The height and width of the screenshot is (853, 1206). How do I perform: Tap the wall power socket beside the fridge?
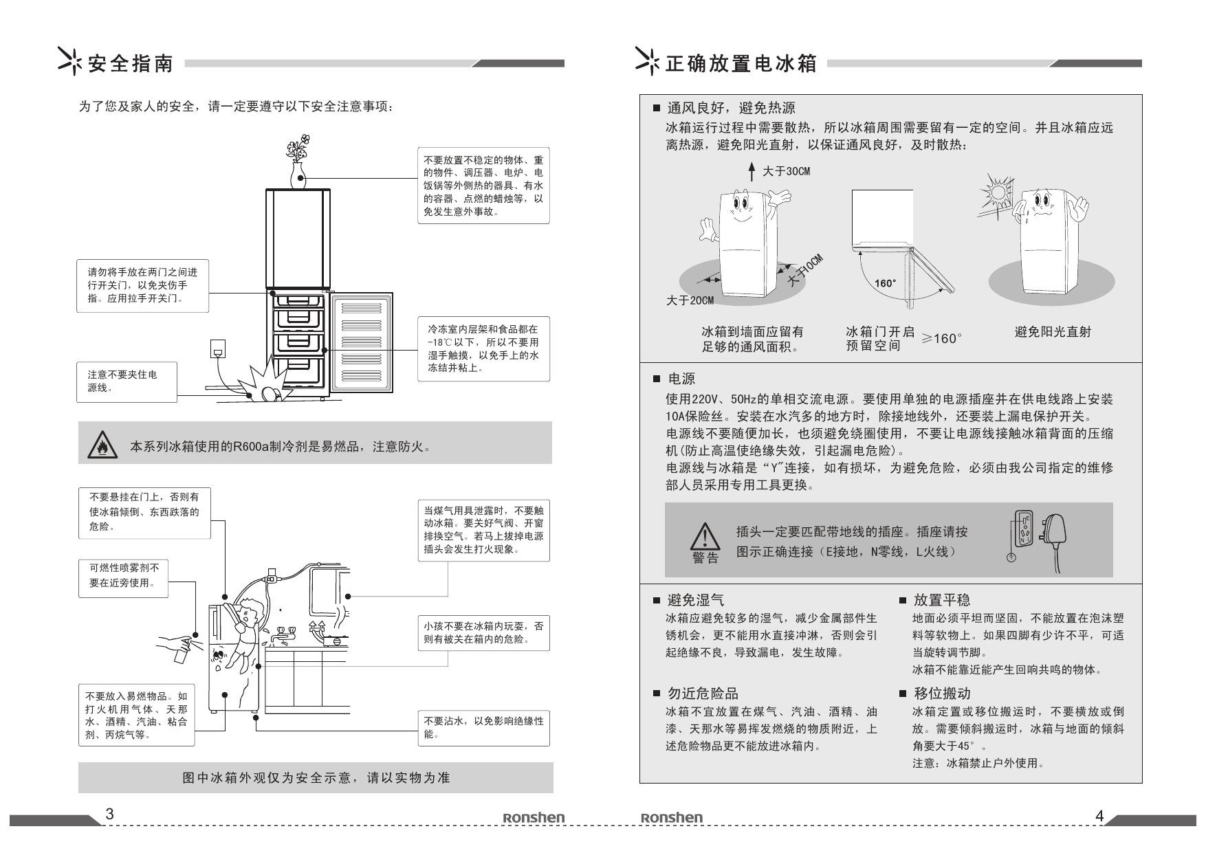click(x=217, y=348)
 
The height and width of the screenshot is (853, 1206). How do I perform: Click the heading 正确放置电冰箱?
click(x=741, y=64)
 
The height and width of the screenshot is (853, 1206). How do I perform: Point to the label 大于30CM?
click(x=786, y=171)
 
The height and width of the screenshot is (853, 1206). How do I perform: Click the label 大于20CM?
click(x=690, y=301)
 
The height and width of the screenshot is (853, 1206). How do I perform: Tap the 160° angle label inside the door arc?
click(x=885, y=283)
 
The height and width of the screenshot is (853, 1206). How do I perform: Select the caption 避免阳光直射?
click(x=1053, y=332)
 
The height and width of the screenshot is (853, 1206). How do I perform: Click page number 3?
click(x=109, y=814)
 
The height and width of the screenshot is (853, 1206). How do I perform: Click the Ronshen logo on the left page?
click(x=534, y=817)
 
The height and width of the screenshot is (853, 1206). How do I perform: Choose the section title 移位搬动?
click(x=942, y=693)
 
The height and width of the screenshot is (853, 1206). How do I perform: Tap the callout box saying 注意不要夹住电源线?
click(x=127, y=381)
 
